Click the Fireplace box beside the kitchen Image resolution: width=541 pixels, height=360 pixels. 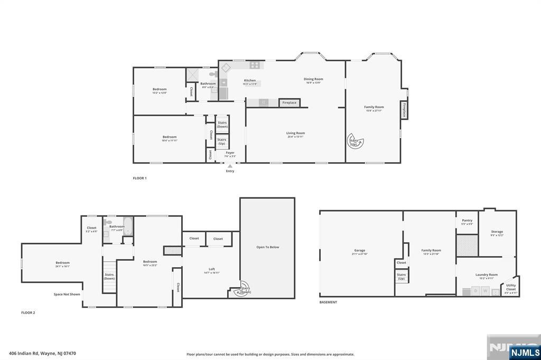[289, 102]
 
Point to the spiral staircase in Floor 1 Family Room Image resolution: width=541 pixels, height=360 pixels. [353, 141]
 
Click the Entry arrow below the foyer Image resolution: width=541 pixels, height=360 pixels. [230, 166]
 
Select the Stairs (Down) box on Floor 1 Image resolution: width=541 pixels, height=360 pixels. [222, 125]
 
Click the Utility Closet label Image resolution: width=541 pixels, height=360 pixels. [511, 287]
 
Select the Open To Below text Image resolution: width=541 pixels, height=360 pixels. [267, 247]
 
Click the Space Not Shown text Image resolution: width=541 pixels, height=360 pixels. [67, 294]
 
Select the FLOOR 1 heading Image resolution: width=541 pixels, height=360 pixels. [139, 178]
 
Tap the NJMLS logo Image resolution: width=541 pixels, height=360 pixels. [525, 352]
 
